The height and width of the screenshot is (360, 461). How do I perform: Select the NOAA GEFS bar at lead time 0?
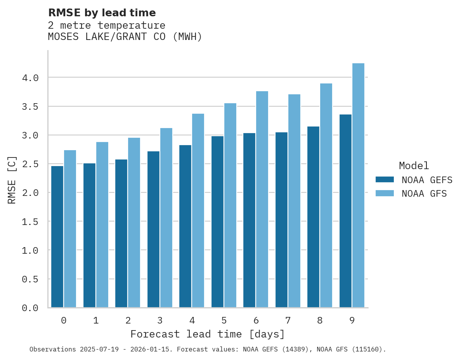57,237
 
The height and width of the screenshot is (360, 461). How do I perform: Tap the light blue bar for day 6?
262,199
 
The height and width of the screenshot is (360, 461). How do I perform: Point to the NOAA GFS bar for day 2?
134,223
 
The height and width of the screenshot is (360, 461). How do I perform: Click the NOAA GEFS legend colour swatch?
385,180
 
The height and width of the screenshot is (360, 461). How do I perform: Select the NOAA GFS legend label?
424,194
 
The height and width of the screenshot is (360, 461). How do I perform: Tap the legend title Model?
414,166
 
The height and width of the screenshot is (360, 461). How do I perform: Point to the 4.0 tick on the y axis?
30,78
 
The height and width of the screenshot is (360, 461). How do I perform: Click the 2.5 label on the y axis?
30,164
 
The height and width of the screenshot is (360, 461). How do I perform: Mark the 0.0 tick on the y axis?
30,308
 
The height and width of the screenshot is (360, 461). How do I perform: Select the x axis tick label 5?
224,320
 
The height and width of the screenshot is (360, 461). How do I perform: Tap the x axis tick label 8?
320,320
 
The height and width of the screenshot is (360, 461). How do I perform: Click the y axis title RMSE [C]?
12,180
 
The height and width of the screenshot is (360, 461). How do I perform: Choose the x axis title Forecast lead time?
208,334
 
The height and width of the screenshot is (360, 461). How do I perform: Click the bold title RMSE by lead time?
102,13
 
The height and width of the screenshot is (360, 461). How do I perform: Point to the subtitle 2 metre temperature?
107,26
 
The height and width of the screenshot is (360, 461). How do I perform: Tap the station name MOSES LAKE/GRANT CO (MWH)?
125,37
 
